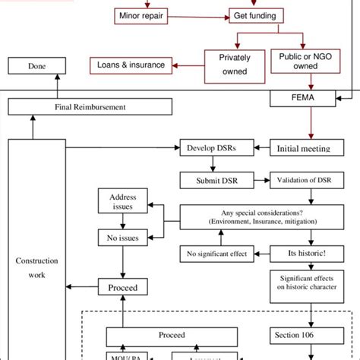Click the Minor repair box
click(x=141, y=15)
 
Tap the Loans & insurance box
click(x=131, y=65)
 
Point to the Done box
click(x=36, y=66)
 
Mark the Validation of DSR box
click(x=302, y=181)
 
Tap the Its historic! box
click(x=303, y=253)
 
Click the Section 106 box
click(x=303, y=335)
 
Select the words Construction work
click(x=36, y=267)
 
